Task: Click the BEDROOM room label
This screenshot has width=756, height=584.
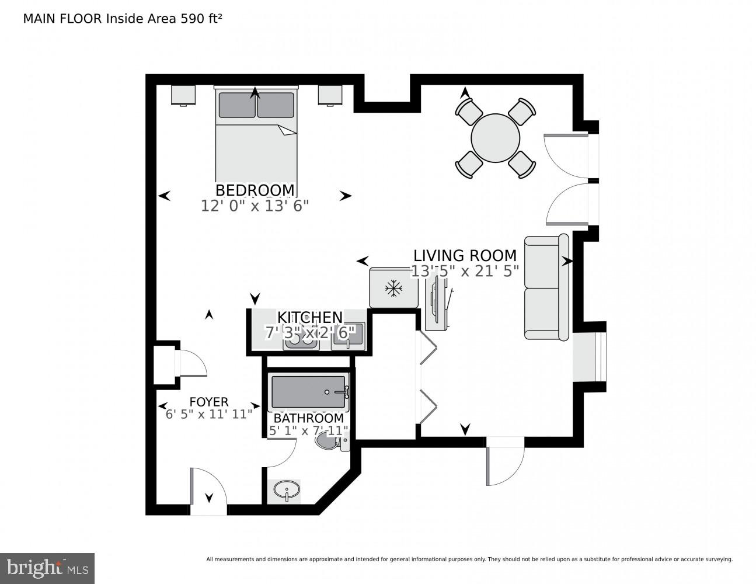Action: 255,190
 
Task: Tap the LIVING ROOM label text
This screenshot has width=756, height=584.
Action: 465,256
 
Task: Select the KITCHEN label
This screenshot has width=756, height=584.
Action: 309,317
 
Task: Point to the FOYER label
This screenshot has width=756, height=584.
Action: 208,402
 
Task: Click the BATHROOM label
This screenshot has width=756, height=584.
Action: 308,418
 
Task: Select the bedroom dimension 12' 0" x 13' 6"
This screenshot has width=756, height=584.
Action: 255,206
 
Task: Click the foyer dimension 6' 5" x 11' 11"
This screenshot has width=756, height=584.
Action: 209,414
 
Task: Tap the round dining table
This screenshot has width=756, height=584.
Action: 495,138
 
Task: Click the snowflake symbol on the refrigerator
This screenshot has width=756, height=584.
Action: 394,287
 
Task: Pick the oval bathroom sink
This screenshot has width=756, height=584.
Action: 287,489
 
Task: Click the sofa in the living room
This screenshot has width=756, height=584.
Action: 546,287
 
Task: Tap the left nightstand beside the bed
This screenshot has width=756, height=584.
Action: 183,95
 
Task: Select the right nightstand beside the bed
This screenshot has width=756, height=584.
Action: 330,95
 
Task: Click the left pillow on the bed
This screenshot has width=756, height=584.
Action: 236,105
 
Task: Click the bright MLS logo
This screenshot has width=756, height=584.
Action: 47,568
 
